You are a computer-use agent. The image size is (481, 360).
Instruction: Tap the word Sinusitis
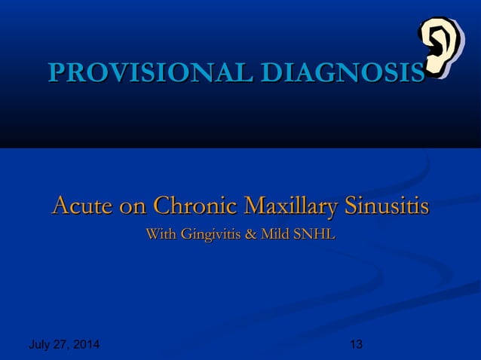click(387, 205)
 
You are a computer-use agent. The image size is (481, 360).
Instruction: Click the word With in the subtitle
click(159, 236)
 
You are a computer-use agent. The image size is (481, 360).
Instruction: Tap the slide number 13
click(357, 346)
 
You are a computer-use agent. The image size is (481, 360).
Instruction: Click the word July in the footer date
click(40, 346)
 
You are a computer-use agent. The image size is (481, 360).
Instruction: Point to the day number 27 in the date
click(61, 346)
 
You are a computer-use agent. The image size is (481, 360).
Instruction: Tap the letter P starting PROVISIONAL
click(55, 74)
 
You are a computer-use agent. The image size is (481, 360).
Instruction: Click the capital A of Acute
click(60, 205)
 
